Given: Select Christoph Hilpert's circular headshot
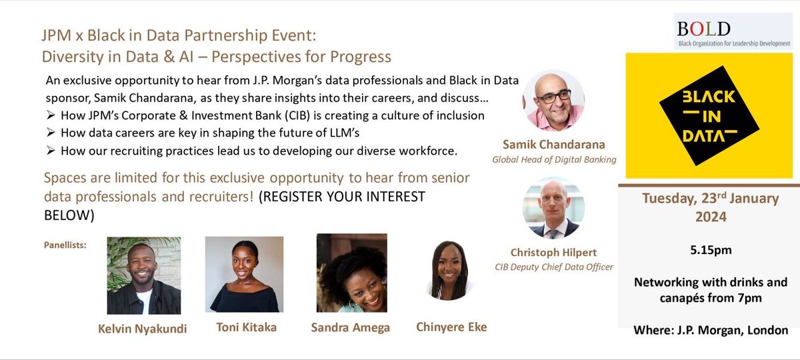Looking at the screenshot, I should pyautogui.click(x=553, y=207).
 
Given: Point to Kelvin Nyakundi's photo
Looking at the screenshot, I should pyautogui.click(x=143, y=274).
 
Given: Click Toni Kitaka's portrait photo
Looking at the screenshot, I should pyautogui.click(x=244, y=274).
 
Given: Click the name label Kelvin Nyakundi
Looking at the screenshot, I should pyautogui.click(x=143, y=327).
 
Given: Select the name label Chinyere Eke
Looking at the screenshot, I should pyautogui.click(x=451, y=327).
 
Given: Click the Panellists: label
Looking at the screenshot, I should pyautogui.click(x=66, y=245).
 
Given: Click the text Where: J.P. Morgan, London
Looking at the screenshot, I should pyautogui.click(x=710, y=330).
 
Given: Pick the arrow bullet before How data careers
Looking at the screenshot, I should pyautogui.click(x=51, y=133).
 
